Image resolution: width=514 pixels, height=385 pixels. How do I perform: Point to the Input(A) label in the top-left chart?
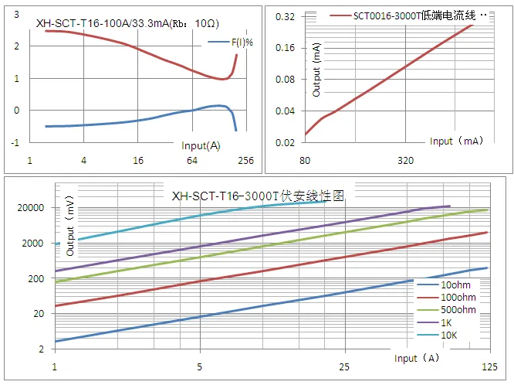[201, 145]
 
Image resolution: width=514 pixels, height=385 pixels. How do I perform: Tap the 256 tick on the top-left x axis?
[246, 161]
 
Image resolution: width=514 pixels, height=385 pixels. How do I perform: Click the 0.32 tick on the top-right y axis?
[286, 15]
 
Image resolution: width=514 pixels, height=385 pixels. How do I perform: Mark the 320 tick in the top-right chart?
[406, 161]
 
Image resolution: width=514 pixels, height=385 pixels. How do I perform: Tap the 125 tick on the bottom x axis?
[489, 365]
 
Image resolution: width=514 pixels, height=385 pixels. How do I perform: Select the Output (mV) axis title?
[70, 230]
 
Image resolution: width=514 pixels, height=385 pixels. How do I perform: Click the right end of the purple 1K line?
[450, 206]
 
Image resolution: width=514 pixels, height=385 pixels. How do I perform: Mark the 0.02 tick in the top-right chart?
[286, 142]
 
